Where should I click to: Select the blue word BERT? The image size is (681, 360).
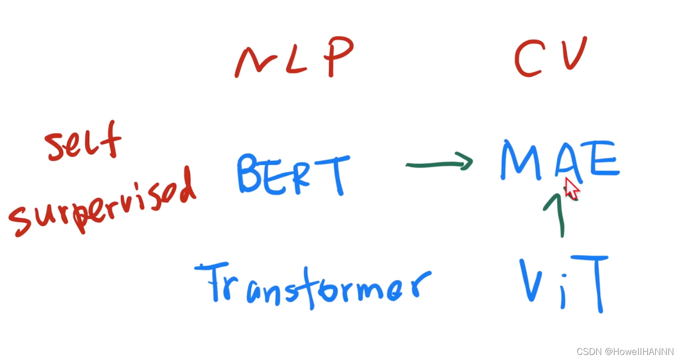(x=293, y=174)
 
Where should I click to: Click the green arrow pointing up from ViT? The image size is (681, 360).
(x=558, y=214)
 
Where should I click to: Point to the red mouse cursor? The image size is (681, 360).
(x=571, y=188)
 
